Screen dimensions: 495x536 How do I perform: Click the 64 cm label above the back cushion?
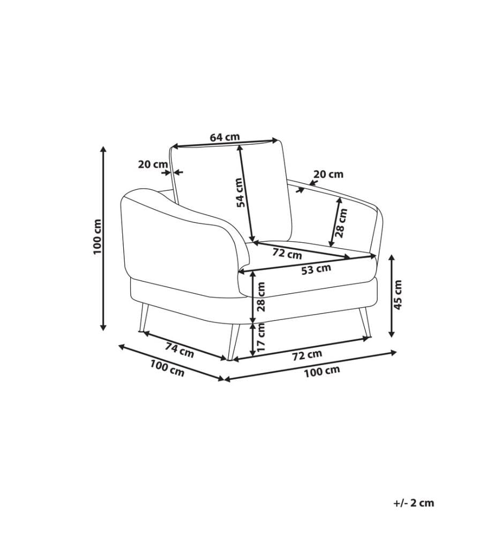[x=224, y=137]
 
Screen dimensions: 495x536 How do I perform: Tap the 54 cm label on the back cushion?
[x=242, y=192]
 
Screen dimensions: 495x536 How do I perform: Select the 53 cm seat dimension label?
[x=316, y=270]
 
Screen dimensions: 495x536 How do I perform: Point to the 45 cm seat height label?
[x=398, y=295]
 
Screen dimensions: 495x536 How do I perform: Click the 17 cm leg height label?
[x=261, y=337]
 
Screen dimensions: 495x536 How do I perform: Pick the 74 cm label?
[x=179, y=351]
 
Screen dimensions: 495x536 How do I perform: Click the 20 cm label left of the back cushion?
[x=153, y=165]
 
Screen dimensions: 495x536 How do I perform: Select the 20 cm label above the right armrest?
[x=328, y=174]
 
